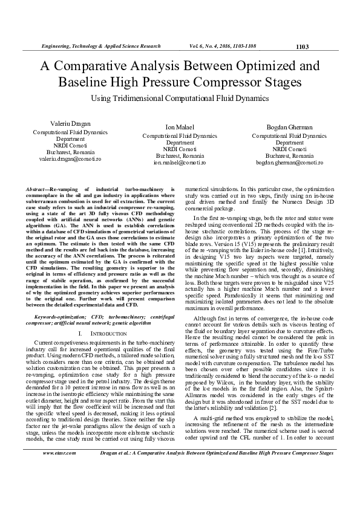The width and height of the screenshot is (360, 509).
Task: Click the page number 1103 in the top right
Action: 303,47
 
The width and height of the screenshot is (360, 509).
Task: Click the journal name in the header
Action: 100,46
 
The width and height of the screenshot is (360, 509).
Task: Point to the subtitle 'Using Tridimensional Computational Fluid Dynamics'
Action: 180,97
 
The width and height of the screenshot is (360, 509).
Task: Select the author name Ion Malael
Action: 180,128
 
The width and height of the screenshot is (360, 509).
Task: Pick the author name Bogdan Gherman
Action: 289,128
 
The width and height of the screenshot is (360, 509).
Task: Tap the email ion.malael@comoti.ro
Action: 180,163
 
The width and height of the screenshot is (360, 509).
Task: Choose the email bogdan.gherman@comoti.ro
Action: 289,163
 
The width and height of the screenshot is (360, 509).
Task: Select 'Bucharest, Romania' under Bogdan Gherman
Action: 289,155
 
